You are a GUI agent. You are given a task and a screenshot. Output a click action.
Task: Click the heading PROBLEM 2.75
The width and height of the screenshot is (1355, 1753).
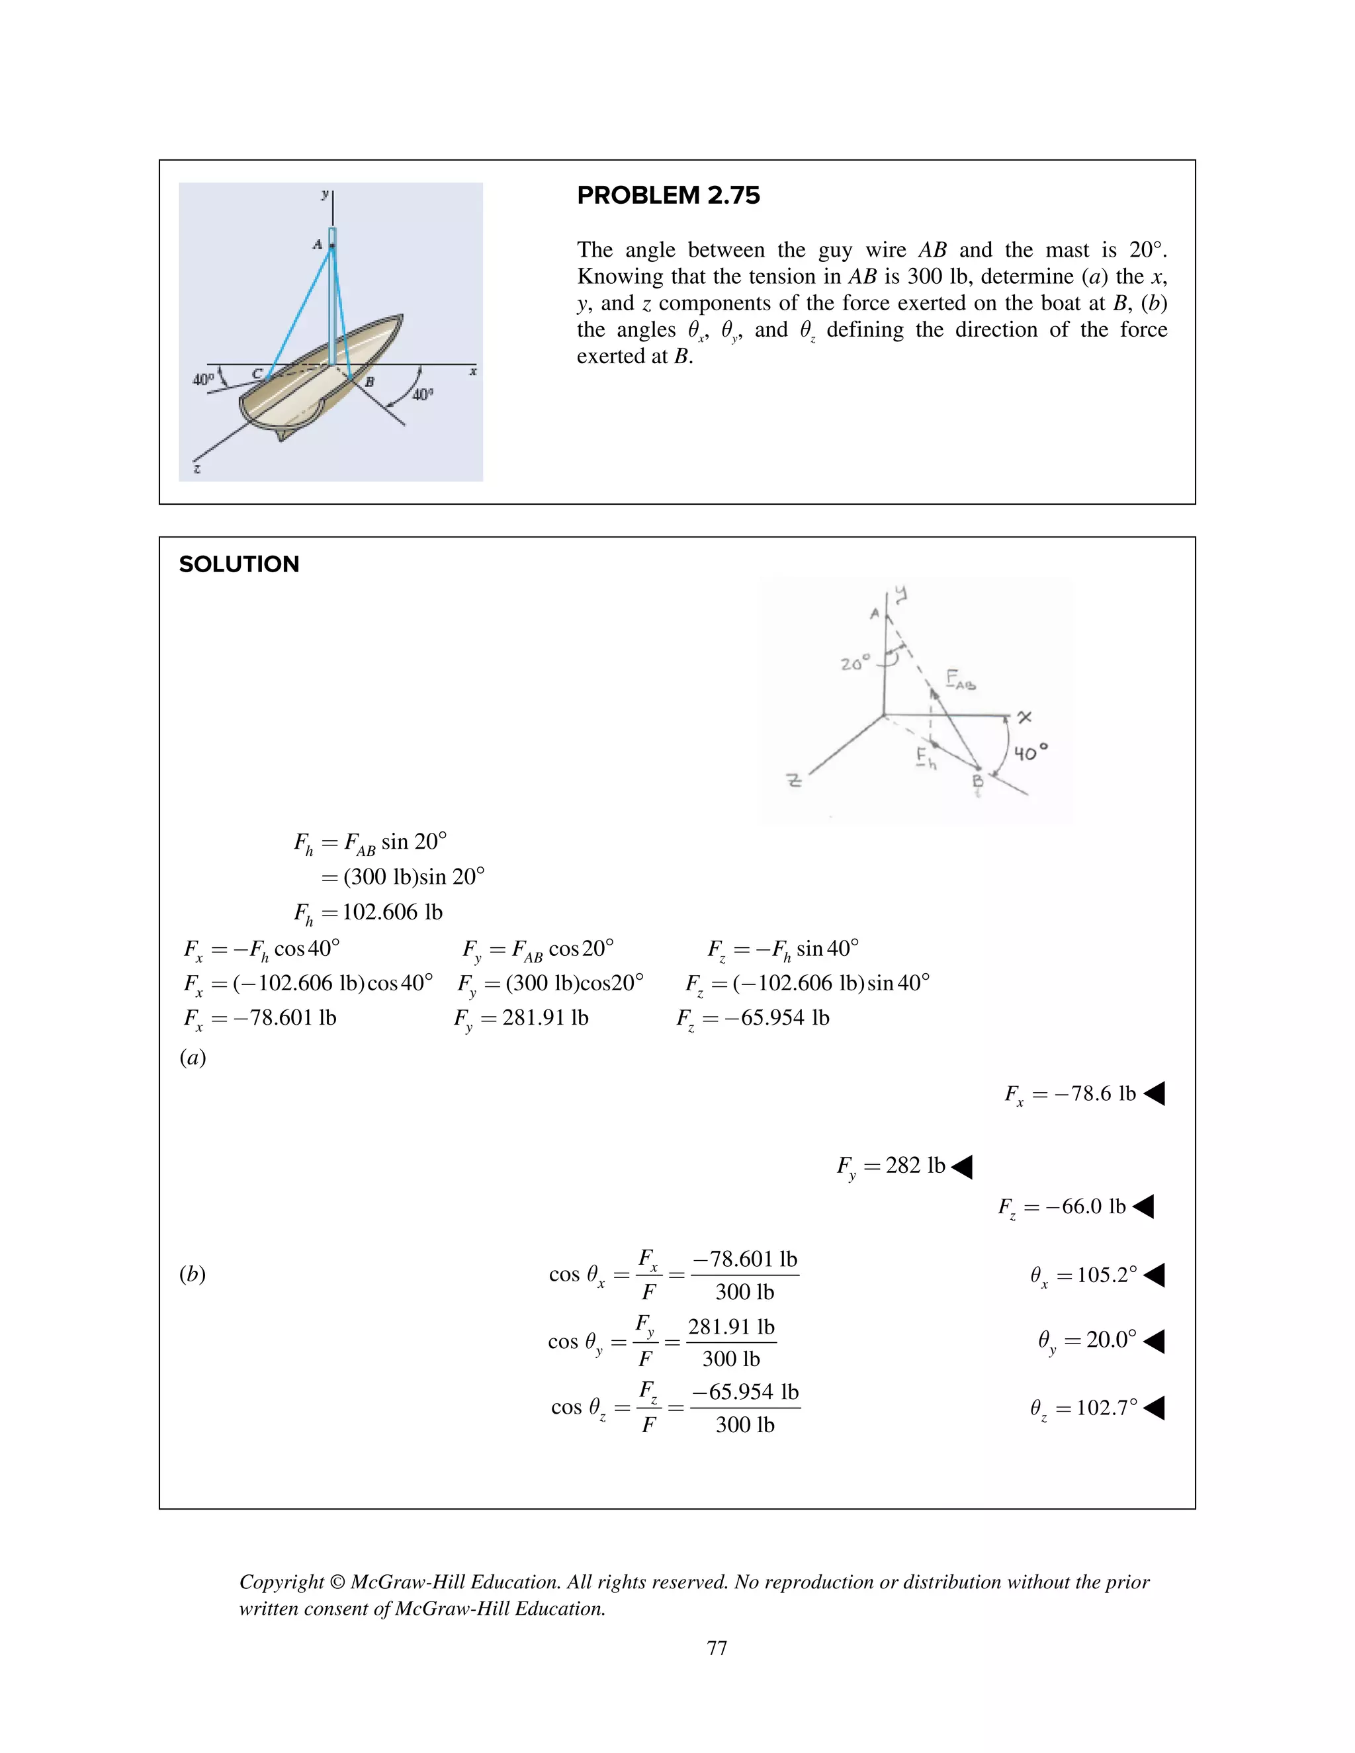(668, 195)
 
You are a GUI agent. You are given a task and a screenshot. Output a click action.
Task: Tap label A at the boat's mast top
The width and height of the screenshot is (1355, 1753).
(318, 243)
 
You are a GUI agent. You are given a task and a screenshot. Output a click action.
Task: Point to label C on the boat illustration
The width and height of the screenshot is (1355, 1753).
(257, 373)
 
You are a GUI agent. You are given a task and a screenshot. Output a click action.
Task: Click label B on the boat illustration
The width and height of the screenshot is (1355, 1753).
(369, 382)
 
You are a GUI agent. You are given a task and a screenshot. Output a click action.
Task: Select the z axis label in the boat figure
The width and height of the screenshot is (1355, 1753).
(197, 468)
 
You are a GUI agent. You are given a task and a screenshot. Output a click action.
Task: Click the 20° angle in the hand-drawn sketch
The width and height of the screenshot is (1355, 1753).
(854, 663)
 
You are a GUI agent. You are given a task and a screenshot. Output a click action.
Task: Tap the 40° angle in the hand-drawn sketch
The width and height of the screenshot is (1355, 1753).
(1030, 753)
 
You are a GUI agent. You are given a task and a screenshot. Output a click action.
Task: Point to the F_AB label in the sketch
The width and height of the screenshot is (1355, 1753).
(960, 680)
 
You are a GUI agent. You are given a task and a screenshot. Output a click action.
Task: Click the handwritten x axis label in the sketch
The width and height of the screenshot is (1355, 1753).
(1024, 717)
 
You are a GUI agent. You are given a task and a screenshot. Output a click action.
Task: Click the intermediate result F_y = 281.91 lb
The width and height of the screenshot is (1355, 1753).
(522, 1019)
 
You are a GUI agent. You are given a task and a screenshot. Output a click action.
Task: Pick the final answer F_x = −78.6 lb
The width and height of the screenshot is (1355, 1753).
(1070, 1094)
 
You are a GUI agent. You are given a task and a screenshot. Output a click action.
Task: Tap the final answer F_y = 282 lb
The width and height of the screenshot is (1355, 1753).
(891, 1166)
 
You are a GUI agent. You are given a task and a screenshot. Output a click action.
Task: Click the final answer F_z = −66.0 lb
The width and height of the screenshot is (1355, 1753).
(1062, 1207)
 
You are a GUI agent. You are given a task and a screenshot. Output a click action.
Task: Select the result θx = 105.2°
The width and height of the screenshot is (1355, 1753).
(1084, 1275)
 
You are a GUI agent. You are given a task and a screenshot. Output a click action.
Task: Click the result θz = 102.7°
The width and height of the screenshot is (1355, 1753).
(1084, 1408)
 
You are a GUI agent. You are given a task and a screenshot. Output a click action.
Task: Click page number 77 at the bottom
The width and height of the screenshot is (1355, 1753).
(717, 1648)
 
